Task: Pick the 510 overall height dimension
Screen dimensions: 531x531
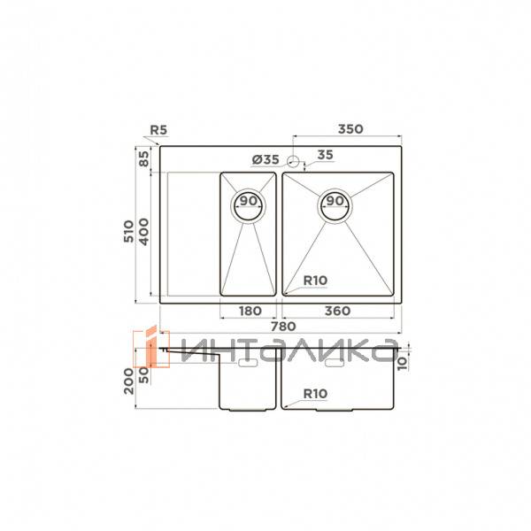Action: click(129, 232)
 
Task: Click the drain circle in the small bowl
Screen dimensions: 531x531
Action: click(248, 203)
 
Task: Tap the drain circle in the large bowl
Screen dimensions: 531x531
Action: click(335, 203)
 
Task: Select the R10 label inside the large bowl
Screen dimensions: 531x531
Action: click(315, 281)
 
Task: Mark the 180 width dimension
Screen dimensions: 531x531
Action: click(250, 311)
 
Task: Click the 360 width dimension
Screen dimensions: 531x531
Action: click(337, 311)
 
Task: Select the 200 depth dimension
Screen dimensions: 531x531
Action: click(129, 381)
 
